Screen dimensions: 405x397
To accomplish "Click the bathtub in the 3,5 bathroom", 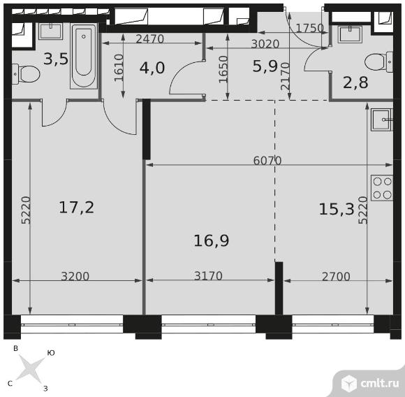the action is click(84, 56).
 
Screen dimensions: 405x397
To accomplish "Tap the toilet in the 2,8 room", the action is click(379, 62).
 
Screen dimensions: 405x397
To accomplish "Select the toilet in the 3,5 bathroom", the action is click(26, 74).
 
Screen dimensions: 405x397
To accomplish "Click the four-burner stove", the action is click(382, 188).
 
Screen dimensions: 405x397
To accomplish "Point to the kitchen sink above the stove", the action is click(382, 120).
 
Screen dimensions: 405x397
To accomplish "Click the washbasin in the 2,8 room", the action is click(350, 34).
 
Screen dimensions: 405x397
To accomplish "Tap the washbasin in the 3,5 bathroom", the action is click(50, 31).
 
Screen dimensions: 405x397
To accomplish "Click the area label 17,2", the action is click(76, 208).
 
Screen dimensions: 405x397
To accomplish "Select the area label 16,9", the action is click(212, 240).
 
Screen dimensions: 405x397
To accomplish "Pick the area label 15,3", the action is click(337, 209).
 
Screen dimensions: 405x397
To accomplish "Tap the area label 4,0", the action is click(152, 68).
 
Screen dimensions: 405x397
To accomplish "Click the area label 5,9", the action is click(265, 66).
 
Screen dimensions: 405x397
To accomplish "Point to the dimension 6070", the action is click(267, 161).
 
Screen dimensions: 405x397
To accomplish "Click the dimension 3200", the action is click(75, 276).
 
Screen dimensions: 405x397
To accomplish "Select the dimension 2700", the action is click(336, 277).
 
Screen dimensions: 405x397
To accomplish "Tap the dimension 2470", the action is click(150, 39).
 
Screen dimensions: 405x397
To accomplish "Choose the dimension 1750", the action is click(310, 28).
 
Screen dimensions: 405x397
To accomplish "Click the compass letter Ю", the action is click(51, 353).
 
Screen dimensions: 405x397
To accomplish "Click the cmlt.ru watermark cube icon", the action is click(349, 383).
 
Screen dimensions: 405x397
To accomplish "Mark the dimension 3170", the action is click(208, 276).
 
